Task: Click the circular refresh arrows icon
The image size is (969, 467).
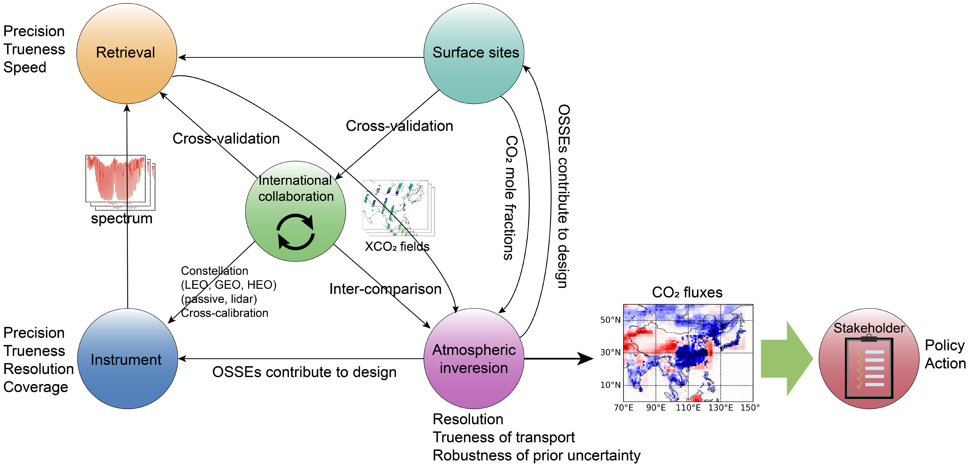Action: (295, 232)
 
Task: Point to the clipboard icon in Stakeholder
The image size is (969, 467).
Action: (869, 367)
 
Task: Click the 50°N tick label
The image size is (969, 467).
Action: (610, 320)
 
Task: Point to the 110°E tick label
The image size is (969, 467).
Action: (688, 407)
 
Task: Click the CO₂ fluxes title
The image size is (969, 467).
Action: (687, 292)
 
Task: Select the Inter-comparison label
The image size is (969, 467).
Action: (385, 289)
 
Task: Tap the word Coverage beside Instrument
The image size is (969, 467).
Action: (36, 387)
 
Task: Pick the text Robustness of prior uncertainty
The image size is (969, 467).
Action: (536, 455)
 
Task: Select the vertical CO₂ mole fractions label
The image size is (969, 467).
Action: (510, 198)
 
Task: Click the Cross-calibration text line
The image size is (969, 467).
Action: (225, 313)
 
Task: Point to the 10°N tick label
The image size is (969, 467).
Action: (610, 385)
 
